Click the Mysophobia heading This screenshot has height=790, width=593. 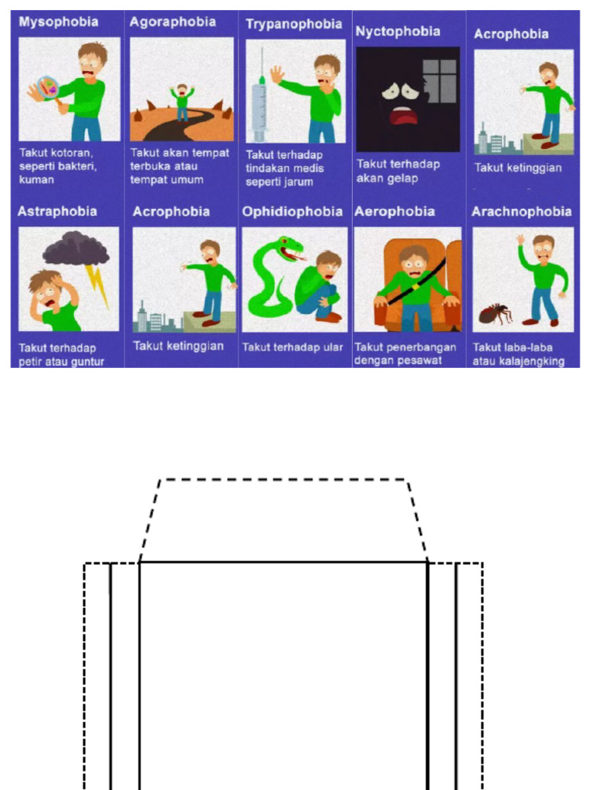click(x=59, y=22)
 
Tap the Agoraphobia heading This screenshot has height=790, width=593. click(x=173, y=22)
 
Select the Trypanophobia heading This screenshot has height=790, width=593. click(x=294, y=24)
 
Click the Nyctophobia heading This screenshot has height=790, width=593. click(x=398, y=32)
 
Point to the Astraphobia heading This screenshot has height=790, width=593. click(x=57, y=211)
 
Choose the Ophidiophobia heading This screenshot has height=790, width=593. click(x=293, y=211)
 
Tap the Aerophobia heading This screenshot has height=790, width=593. click(x=395, y=211)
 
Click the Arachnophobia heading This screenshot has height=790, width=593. click(x=521, y=211)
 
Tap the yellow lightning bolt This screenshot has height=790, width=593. click(x=97, y=285)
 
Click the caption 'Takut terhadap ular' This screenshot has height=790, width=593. click(x=293, y=347)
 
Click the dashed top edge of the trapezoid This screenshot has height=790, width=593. click(x=283, y=480)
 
